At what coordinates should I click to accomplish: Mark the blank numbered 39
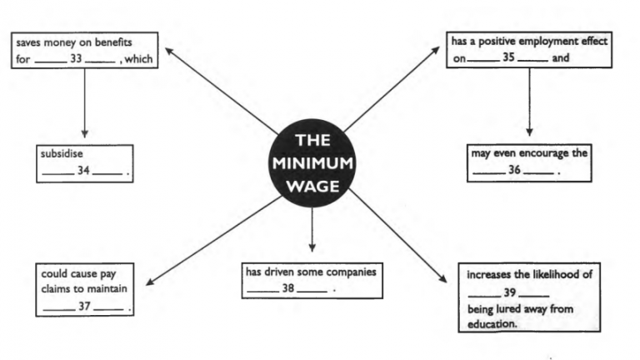(x=508, y=293)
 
